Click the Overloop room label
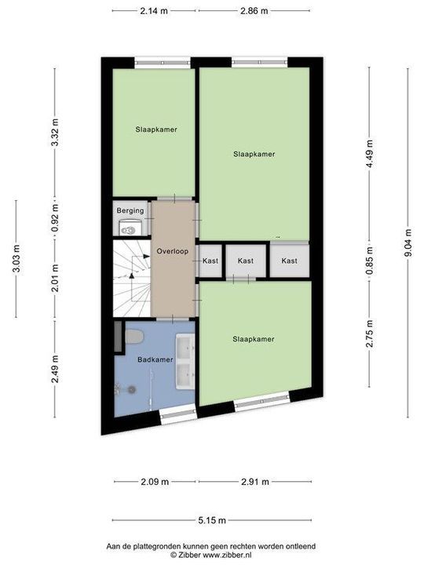(x=171, y=252)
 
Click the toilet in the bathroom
(x=134, y=337)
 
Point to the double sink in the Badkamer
(x=185, y=362)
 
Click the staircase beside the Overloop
(x=130, y=279)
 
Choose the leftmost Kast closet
(x=210, y=261)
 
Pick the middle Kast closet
(x=246, y=261)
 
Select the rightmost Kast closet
(x=290, y=261)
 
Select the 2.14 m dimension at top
(x=154, y=11)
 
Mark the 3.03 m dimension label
(x=16, y=258)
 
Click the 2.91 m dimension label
(x=254, y=482)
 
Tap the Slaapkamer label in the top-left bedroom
(x=155, y=129)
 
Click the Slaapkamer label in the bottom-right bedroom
(x=254, y=339)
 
